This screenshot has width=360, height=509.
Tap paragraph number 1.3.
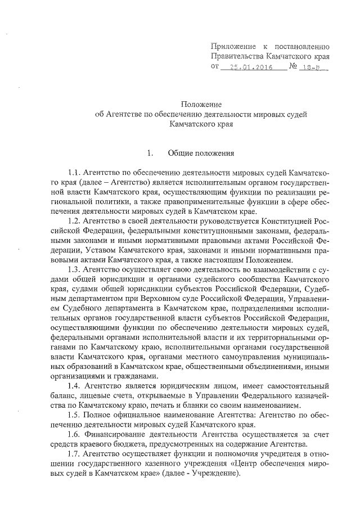(x=74, y=270)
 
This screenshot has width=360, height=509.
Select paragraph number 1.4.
(x=74, y=386)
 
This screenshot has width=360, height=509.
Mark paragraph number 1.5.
(x=74, y=416)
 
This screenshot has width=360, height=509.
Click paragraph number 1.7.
(x=74, y=454)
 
